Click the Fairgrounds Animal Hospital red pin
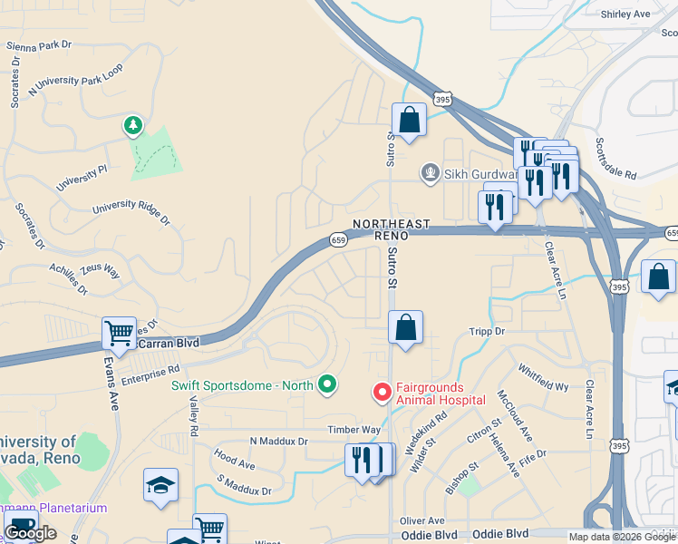click(383, 393)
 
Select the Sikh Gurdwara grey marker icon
click(430, 172)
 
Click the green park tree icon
click(134, 125)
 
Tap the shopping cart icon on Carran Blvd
click(119, 335)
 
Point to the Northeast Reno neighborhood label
click(381, 229)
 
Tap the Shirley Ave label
click(626, 14)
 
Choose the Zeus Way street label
click(100, 270)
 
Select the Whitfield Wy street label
click(543, 378)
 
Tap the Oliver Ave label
click(422, 520)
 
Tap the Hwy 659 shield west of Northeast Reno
click(338, 239)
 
